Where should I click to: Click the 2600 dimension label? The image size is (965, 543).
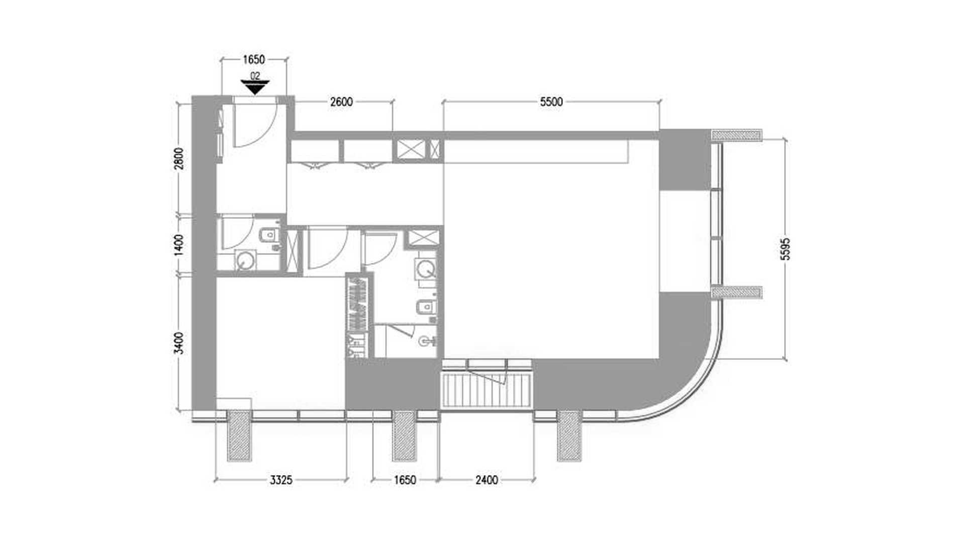tap(341, 102)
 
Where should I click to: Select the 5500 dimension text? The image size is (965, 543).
tap(551, 102)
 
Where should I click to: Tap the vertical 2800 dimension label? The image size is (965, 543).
tap(180, 158)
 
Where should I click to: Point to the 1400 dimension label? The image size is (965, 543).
tap(180, 245)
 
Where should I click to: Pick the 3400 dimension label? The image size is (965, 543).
tap(180, 342)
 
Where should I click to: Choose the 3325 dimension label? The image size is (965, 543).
tap(281, 480)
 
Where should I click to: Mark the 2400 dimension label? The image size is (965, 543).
tap(487, 480)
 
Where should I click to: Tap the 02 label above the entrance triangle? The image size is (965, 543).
tap(255, 76)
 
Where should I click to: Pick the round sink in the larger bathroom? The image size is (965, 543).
tap(425, 269)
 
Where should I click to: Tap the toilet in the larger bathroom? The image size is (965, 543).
tap(427, 306)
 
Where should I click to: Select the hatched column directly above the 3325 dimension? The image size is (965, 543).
tap(239, 435)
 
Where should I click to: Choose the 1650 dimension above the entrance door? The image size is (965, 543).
tap(254, 60)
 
